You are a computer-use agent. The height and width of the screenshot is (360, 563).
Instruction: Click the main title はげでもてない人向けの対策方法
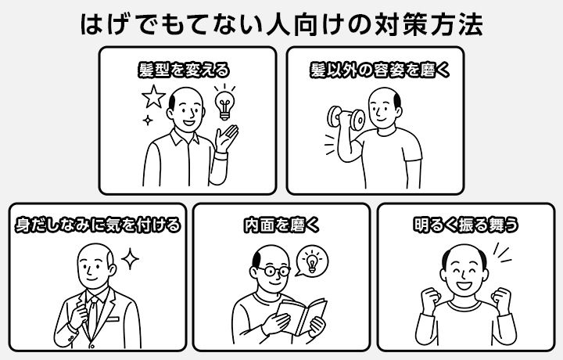click(x=281, y=24)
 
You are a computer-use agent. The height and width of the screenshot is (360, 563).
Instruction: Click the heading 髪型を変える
click(x=184, y=70)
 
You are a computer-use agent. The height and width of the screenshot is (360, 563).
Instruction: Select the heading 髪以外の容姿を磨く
click(x=380, y=70)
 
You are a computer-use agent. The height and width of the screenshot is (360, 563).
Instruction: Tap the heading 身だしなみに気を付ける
click(x=98, y=225)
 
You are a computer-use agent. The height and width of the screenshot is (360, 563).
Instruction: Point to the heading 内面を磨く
click(x=281, y=225)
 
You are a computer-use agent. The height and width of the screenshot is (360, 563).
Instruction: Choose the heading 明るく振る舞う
click(x=466, y=225)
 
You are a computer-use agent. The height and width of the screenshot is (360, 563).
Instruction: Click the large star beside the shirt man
click(x=154, y=96)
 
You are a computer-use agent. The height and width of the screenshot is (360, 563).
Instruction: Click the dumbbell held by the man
click(x=346, y=118)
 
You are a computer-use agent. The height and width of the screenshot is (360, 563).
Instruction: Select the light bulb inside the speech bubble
click(x=312, y=261)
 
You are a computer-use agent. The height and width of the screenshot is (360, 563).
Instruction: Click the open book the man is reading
click(x=301, y=316)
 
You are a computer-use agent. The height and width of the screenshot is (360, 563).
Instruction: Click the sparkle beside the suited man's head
click(x=130, y=259)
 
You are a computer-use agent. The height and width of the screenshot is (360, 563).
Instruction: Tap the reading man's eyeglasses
click(x=274, y=271)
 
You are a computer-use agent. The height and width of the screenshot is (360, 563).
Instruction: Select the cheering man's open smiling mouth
click(x=464, y=286)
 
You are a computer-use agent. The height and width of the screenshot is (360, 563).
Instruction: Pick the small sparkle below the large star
click(x=147, y=120)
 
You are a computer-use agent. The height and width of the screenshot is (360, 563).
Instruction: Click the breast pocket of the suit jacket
click(x=113, y=319)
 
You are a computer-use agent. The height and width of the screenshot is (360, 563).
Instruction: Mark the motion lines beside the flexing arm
click(x=329, y=145)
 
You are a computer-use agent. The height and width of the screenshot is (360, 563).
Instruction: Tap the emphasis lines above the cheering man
click(x=502, y=254)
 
